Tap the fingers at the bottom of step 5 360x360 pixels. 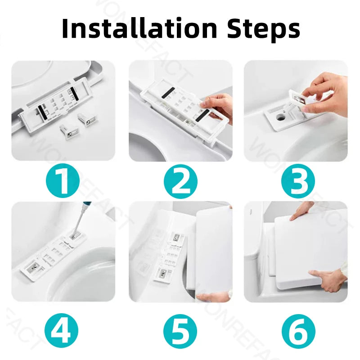pyautogui.click(x=211, y=297)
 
